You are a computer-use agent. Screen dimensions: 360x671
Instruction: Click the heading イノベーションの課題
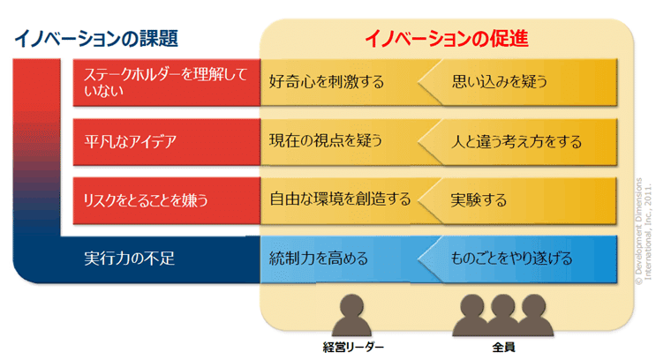pos(96,38)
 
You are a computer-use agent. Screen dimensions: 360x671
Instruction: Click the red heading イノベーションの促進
pos(447,38)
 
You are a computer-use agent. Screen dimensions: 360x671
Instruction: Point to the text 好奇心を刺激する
pos(327,82)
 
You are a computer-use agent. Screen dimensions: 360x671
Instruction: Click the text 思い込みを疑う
pos(500,82)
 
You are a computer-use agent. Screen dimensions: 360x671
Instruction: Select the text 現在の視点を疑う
pos(327,141)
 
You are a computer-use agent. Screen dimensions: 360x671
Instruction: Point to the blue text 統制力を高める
pos(319,259)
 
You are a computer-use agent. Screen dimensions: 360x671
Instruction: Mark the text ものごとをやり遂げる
pos(511,259)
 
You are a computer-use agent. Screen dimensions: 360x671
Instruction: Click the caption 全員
pos(502,347)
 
